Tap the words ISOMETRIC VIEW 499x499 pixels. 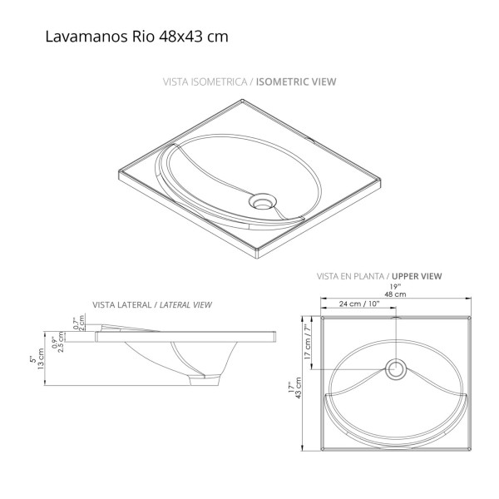click(296, 82)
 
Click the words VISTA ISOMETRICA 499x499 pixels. click(206, 82)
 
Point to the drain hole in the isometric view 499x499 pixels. click(264, 200)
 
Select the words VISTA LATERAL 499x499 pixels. click(122, 305)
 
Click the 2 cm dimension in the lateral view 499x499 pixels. click(82, 324)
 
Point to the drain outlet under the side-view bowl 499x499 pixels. click(200, 379)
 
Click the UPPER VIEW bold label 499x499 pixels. click(417, 276)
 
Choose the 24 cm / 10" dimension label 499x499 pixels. click(359, 304)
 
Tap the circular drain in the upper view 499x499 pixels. click(396, 368)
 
